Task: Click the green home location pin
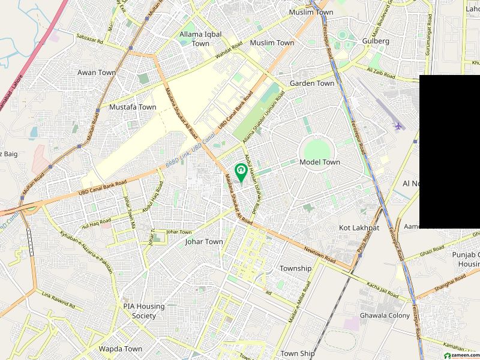point(241,172)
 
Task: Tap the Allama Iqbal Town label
point(195,39)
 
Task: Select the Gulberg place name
point(376,41)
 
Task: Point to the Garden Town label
point(312,83)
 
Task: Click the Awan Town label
point(97,73)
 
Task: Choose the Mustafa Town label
point(133,107)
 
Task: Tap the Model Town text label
point(320,162)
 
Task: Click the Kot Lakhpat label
point(359,228)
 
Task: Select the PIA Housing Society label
point(144,310)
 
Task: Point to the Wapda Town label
point(121,349)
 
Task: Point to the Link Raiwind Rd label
point(58,300)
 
